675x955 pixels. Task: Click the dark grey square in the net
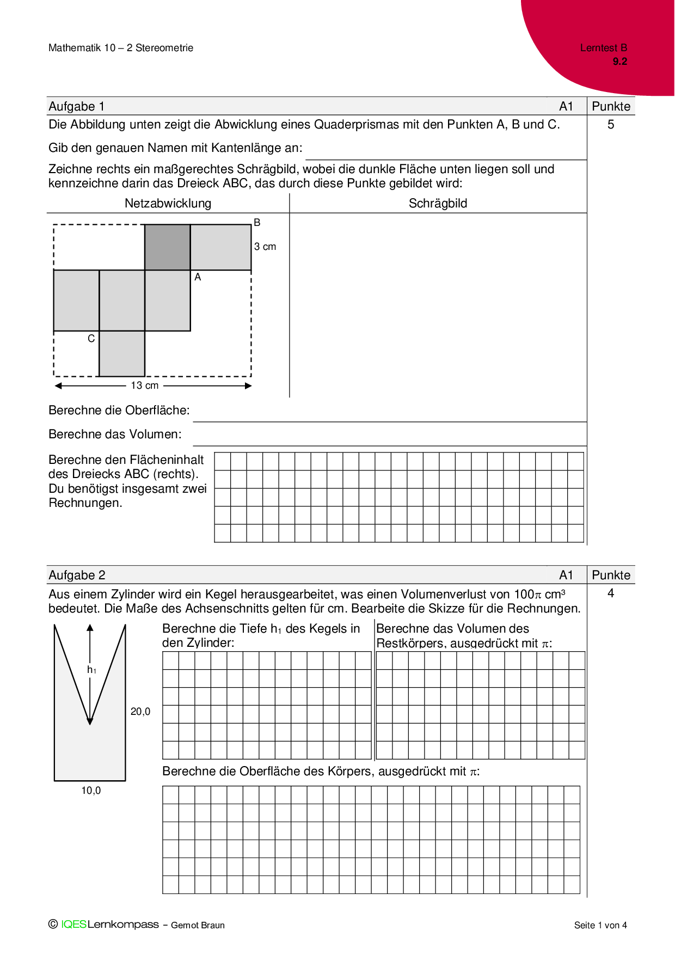[x=167, y=247]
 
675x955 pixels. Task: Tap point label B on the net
[x=257, y=222]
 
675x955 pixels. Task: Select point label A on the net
[x=198, y=277]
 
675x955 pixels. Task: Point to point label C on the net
[x=91, y=339]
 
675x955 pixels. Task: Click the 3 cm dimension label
[x=265, y=247]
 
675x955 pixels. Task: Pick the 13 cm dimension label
[x=145, y=385]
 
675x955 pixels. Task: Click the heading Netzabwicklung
[x=168, y=203]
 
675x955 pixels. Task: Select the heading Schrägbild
[x=438, y=203]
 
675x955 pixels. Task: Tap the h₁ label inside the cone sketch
[x=91, y=670]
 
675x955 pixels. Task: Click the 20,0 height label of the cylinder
[x=140, y=711]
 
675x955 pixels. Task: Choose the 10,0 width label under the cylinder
[x=91, y=791]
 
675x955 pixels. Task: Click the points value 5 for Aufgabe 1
[x=611, y=125]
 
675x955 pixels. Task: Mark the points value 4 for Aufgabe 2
[x=611, y=593]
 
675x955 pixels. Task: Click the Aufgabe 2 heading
[x=77, y=575]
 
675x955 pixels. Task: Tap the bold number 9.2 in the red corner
[x=619, y=62]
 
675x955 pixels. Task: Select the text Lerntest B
[x=603, y=48]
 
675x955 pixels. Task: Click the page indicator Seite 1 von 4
[x=600, y=925]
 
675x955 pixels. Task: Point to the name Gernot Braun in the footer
[x=198, y=925]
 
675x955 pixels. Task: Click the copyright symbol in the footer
[x=53, y=924]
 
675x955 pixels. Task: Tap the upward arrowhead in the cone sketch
[x=90, y=628]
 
